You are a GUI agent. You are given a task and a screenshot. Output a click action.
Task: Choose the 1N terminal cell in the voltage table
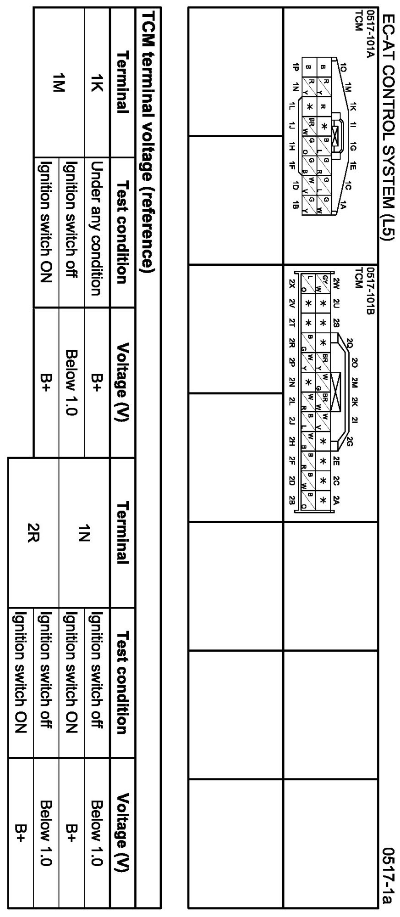pyautogui.click(x=97, y=534)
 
